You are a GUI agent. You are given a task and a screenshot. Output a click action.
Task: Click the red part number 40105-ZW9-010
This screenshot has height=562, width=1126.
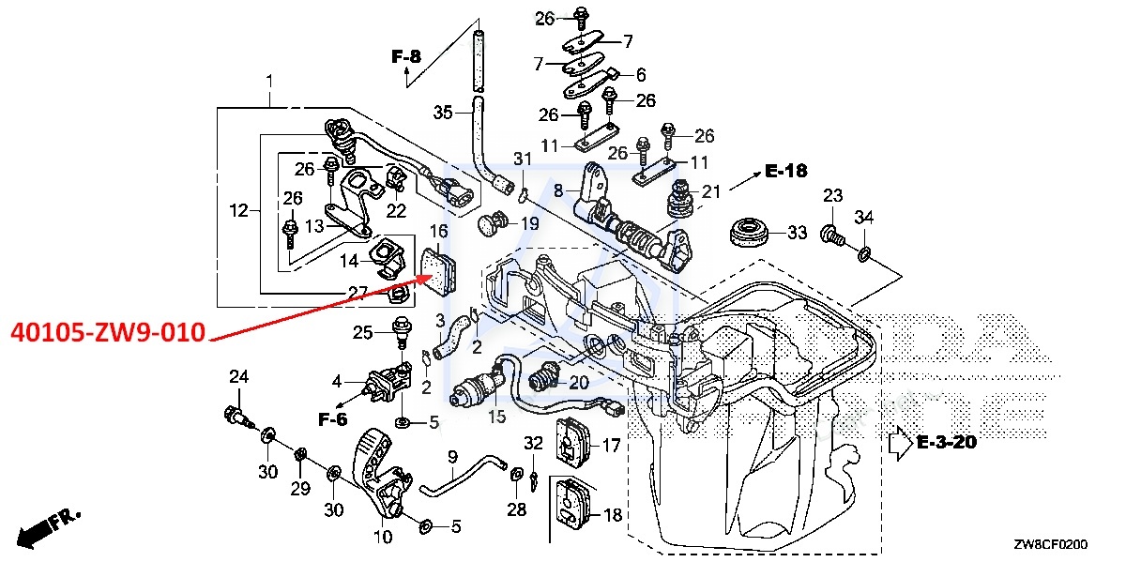pos(109,333)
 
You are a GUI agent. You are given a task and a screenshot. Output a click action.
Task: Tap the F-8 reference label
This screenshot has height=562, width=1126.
pos(406,57)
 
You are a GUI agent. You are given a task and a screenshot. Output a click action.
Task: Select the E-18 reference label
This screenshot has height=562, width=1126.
pos(785,171)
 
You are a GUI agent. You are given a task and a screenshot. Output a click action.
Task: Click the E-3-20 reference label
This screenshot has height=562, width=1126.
pos(947,442)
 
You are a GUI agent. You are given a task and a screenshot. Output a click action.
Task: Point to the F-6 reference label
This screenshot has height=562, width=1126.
pos(332,419)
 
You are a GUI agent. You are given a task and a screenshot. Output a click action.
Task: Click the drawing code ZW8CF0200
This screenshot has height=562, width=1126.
pos(1050,544)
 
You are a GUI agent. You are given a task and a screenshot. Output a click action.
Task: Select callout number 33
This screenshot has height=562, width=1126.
pos(797,232)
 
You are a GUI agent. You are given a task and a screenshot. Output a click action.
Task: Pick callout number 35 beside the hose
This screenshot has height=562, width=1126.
pos(443,113)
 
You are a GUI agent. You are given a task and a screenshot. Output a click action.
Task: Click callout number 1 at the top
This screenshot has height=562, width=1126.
pos(269,82)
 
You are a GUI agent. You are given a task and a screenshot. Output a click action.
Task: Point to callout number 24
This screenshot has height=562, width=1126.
pos(239,377)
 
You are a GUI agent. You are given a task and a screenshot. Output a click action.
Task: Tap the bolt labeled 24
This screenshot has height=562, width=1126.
pos(235,416)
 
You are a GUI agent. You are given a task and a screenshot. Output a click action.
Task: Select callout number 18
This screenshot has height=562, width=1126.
pos(612,515)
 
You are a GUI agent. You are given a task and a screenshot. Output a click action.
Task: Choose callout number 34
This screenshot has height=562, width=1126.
pos(864,219)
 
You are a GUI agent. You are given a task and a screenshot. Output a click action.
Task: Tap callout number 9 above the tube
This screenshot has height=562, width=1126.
pos(452,457)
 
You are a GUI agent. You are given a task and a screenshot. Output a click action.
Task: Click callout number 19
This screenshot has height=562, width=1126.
pos(529,223)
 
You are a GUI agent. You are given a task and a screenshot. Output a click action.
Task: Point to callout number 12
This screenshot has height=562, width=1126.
pos(238,211)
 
